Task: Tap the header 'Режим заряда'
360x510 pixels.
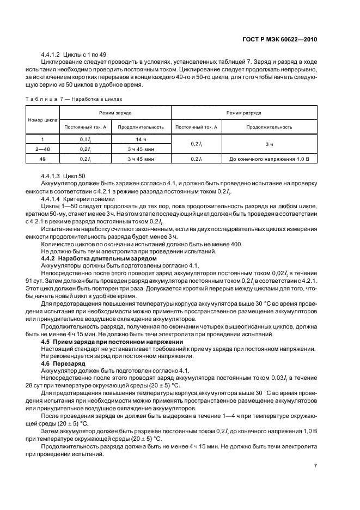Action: [115, 113]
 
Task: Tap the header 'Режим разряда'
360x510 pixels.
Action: [245, 113]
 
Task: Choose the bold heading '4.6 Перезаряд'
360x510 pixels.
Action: [61, 362]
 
